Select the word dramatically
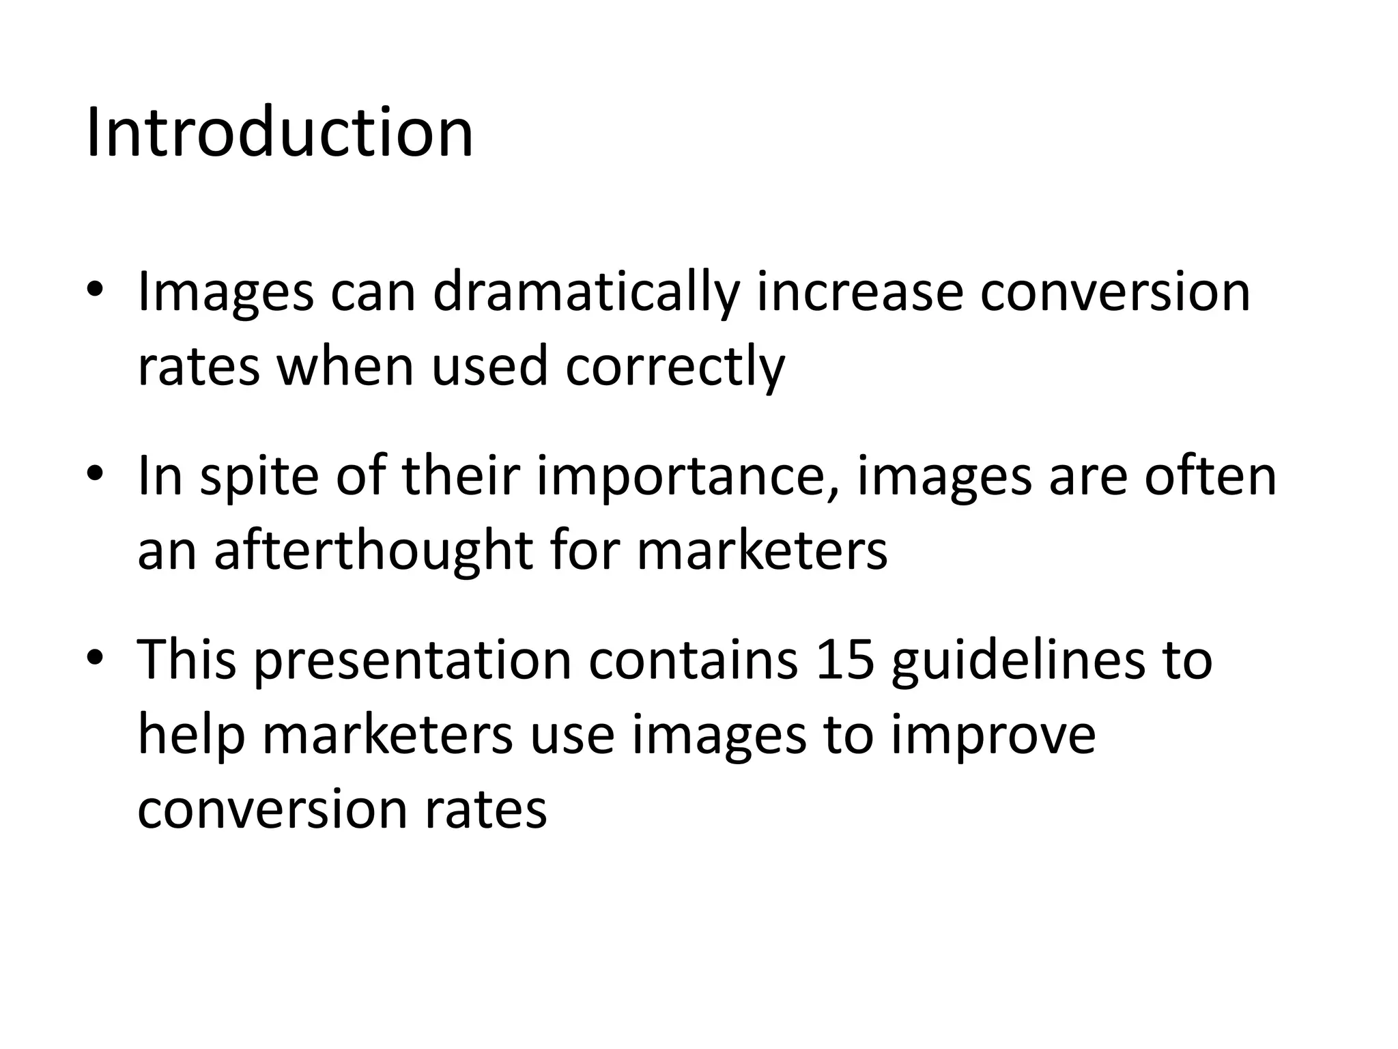coord(586,292)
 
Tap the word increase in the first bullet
coord(859,292)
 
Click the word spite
coord(259,476)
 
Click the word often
coord(1210,476)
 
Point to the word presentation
coord(412,660)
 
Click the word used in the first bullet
coord(489,365)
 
